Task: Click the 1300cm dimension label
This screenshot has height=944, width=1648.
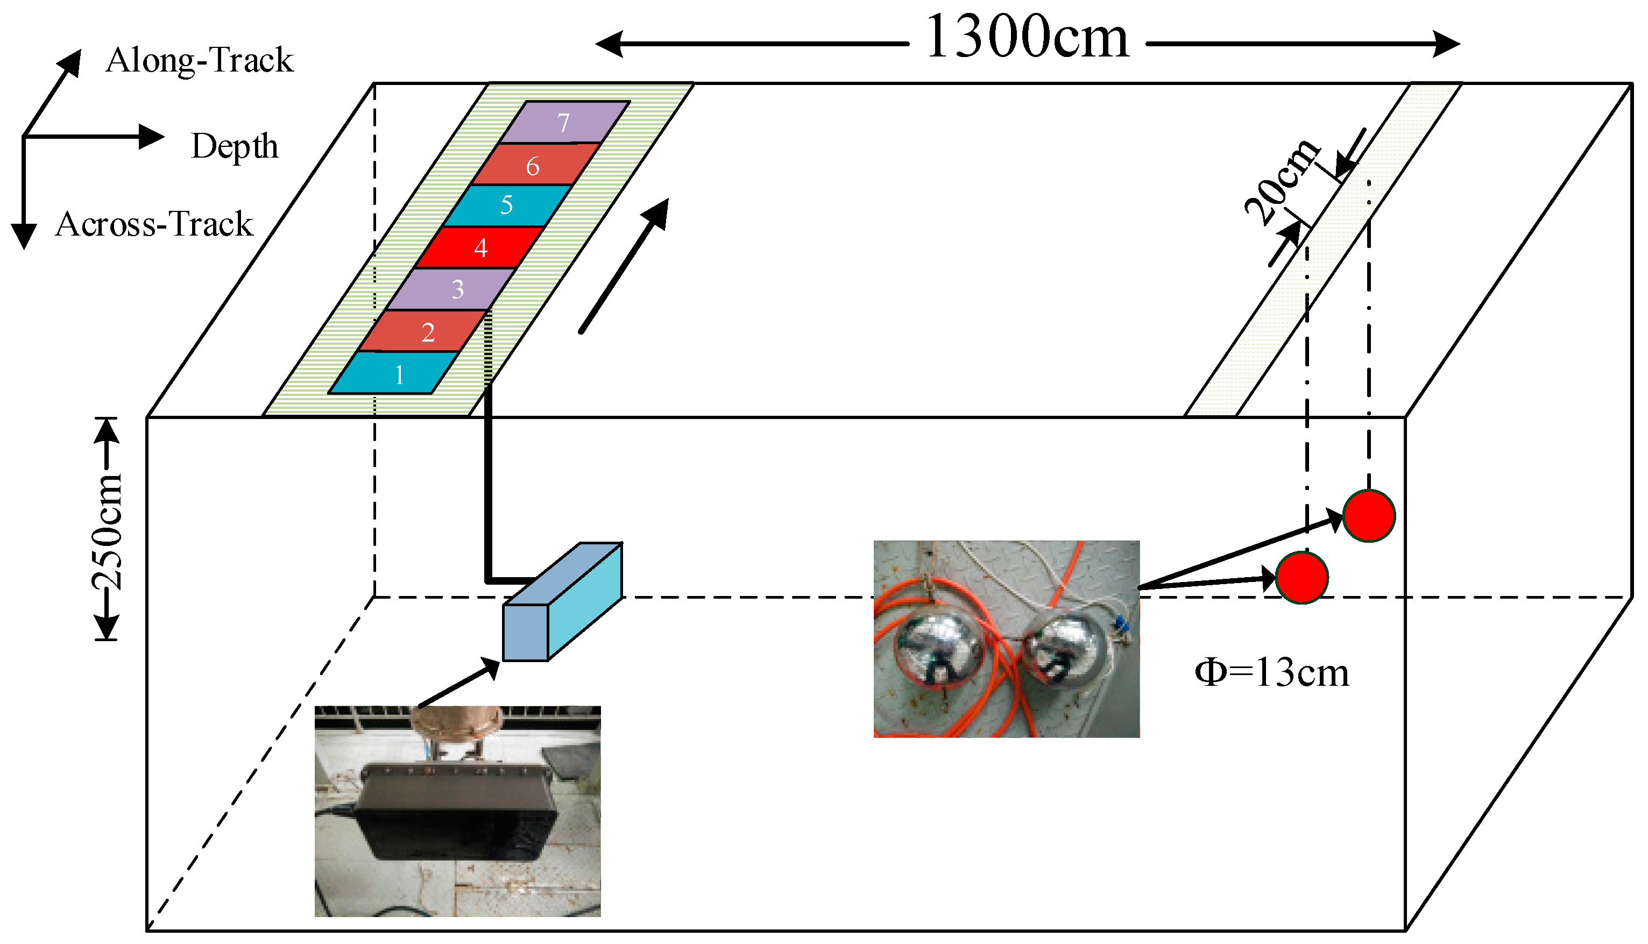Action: tap(1028, 38)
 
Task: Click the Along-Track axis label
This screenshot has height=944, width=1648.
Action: tap(199, 60)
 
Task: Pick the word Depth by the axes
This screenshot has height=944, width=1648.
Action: tap(234, 146)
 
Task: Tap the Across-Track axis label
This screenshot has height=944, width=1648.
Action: tap(154, 224)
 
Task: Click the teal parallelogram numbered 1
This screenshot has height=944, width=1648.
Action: tap(393, 373)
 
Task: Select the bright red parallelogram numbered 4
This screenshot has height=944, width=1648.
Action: tap(478, 247)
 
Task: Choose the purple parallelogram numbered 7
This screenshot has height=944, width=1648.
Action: tap(563, 123)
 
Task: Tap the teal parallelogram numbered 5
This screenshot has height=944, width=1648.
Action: tap(507, 205)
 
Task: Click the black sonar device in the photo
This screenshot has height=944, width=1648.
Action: tap(457, 811)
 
